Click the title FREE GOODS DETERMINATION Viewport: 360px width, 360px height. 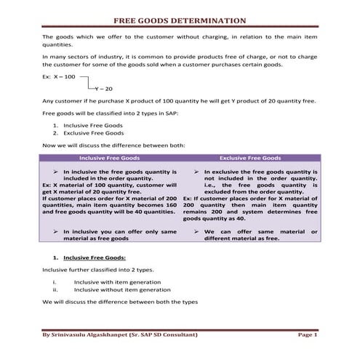tap(180, 21)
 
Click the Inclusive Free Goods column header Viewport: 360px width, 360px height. tap(109, 157)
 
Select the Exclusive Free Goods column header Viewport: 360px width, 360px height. tap(250, 157)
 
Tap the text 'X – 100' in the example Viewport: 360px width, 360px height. tap(64, 76)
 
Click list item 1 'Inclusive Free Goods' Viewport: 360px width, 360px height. tap(93, 126)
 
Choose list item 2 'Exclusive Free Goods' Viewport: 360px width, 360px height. tap(94, 133)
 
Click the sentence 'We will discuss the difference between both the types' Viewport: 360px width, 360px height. tap(120, 301)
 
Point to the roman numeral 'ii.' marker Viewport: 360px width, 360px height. tap(55, 289)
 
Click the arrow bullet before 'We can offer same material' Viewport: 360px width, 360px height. tap(197, 231)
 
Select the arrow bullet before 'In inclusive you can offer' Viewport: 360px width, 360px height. tap(56, 231)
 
